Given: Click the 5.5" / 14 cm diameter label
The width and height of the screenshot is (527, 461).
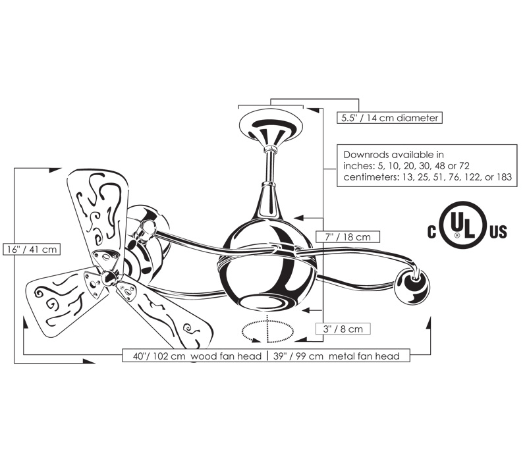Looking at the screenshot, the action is (x=389, y=118).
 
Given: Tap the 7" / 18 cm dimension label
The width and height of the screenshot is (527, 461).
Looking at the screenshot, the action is (x=348, y=237).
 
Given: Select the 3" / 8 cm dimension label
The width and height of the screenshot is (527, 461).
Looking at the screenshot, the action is (x=343, y=329).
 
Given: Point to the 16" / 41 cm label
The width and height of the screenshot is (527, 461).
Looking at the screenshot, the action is (x=32, y=250).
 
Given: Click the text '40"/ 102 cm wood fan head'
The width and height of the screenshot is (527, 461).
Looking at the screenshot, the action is (x=197, y=356).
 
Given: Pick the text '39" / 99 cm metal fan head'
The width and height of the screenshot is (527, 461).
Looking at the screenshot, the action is (x=336, y=356).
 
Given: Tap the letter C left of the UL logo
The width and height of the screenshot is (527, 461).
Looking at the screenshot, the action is (x=431, y=232).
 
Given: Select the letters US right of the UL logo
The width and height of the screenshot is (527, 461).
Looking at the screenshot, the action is (x=498, y=232).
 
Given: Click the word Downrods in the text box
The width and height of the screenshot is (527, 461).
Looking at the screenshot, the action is (x=366, y=155).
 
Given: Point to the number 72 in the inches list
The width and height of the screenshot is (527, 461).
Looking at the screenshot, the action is (x=464, y=166).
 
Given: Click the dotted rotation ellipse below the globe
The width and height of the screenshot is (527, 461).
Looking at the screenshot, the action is (x=267, y=332).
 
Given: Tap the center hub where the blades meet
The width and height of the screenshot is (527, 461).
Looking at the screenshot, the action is (x=108, y=277).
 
